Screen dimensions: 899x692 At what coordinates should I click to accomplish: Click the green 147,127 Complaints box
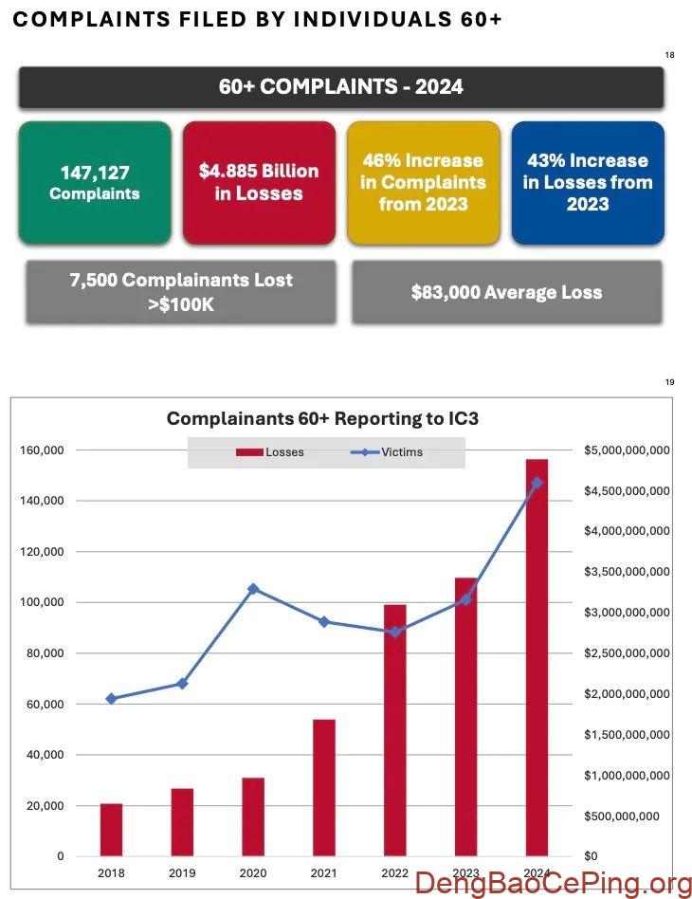click(95, 182)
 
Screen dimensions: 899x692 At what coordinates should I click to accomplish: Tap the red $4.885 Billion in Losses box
click(259, 182)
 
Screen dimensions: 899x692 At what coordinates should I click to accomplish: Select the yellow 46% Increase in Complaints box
click(423, 182)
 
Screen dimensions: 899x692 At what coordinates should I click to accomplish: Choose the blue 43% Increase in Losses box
click(587, 182)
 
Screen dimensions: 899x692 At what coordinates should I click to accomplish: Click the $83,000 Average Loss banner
click(507, 292)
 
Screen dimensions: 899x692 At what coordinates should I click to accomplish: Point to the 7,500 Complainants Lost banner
click(181, 292)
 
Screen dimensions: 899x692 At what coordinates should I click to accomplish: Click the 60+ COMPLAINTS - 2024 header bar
click(341, 86)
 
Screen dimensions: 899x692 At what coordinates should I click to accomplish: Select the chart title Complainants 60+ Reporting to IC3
click(329, 418)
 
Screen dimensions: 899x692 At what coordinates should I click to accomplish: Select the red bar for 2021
click(324, 787)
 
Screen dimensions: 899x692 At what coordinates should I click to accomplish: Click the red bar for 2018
click(112, 830)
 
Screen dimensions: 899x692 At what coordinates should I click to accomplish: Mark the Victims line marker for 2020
click(253, 589)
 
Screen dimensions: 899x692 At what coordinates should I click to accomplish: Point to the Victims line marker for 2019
click(182, 684)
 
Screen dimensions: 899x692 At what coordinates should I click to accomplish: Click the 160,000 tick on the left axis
click(42, 449)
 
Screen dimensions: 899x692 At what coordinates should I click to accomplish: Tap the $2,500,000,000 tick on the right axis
click(628, 653)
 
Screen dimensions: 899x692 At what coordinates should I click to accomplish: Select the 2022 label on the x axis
click(394, 871)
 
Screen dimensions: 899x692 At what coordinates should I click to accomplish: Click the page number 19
click(669, 382)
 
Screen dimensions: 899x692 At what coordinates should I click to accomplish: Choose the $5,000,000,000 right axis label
click(628, 449)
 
